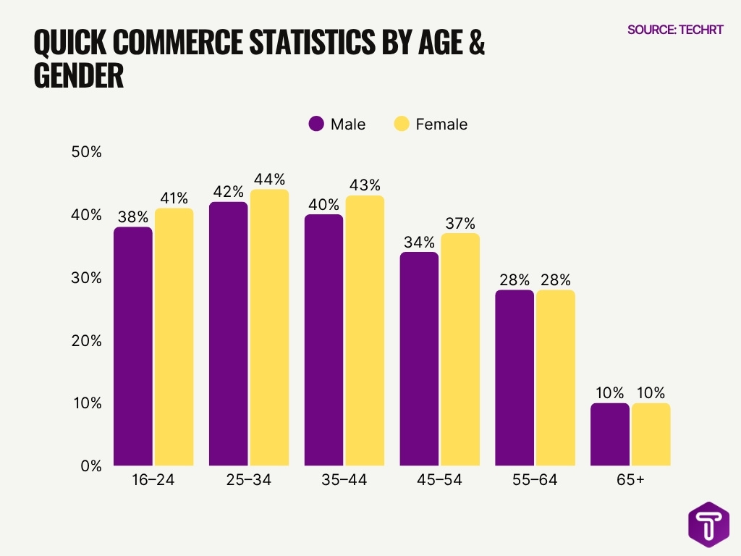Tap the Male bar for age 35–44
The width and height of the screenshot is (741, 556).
click(x=323, y=340)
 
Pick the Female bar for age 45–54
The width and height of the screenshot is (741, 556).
click(x=460, y=349)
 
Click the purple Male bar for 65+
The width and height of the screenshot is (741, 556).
click(x=610, y=434)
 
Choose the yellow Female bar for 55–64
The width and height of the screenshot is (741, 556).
click(x=556, y=378)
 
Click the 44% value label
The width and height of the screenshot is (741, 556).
click(x=269, y=179)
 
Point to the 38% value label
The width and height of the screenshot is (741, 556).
click(x=133, y=216)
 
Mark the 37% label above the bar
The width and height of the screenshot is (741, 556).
click(x=460, y=223)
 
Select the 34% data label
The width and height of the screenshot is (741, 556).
click(x=420, y=242)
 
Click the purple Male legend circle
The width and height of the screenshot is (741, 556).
click(x=316, y=124)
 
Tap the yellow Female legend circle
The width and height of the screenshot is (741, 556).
click(x=402, y=124)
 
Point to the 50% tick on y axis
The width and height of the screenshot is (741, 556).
click(x=86, y=153)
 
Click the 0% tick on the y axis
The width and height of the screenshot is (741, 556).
click(x=90, y=466)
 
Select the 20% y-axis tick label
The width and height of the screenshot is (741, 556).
click(x=86, y=340)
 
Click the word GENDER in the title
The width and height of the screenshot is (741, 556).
click(x=79, y=76)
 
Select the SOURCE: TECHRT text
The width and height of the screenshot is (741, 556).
click(x=675, y=30)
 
